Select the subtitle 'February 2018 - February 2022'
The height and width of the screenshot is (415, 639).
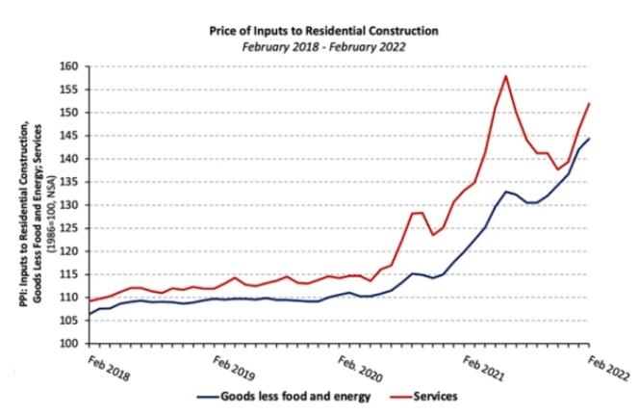pyautogui.click(x=323, y=46)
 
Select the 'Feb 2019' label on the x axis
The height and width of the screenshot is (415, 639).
pyautogui.click(x=235, y=367)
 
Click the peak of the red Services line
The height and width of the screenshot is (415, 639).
pyautogui.click(x=506, y=76)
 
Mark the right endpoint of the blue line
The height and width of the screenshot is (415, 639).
pyautogui.click(x=589, y=139)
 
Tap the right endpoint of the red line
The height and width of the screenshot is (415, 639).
pyautogui.click(x=589, y=103)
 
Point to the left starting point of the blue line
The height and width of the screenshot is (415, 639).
pyautogui.click(x=89, y=314)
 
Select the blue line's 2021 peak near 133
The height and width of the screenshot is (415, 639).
pyautogui.click(x=507, y=192)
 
